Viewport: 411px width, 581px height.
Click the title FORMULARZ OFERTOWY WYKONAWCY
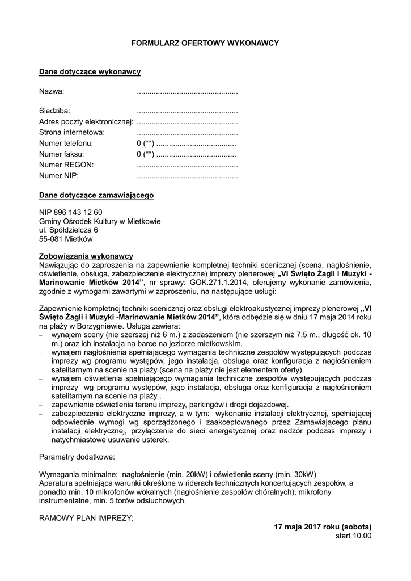click(x=205, y=43)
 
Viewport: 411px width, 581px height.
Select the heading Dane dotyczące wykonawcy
click(x=90, y=72)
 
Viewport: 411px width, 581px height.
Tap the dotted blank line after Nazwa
click(x=187, y=91)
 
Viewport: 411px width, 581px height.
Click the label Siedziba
click(x=54, y=111)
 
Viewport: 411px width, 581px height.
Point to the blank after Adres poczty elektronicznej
click(x=187, y=121)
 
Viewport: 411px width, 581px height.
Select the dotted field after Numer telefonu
click(x=196, y=143)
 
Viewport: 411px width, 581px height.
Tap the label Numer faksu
click(x=61, y=154)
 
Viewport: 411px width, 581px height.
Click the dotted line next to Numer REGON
click(x=187, y=165)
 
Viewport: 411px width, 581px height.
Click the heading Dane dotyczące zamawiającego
click(x=96, y=195)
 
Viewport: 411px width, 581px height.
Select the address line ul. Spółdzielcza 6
click(x=69, y=230)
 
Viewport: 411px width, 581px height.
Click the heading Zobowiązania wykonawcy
click(x=86, y=256)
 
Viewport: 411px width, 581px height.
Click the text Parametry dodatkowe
click(x=77, y=456)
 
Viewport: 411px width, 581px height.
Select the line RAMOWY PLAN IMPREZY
click(x=86, y=519)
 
